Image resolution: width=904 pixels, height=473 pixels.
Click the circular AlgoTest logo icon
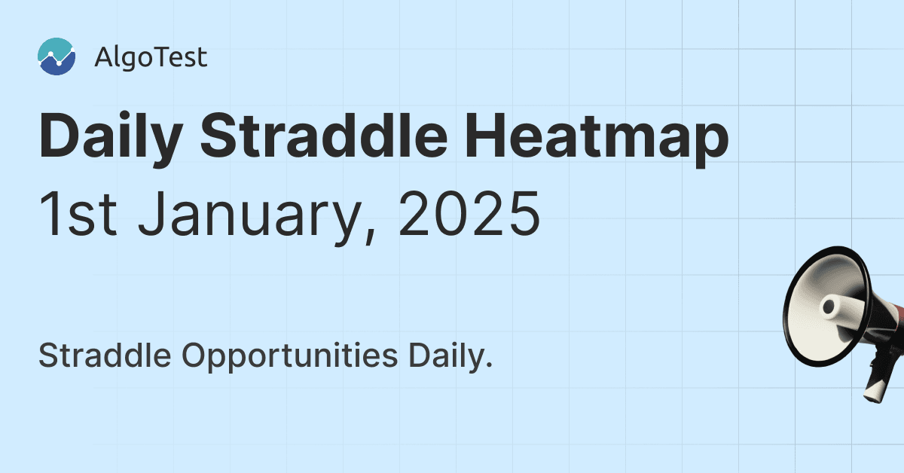[56, 57]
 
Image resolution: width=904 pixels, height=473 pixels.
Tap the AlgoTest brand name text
[151, 58]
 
